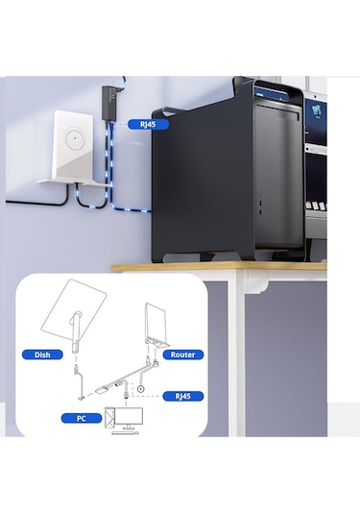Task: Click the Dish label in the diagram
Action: coord(41,354)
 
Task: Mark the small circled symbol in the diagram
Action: coord(141,389)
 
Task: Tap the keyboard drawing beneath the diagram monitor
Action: coord(124,435)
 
